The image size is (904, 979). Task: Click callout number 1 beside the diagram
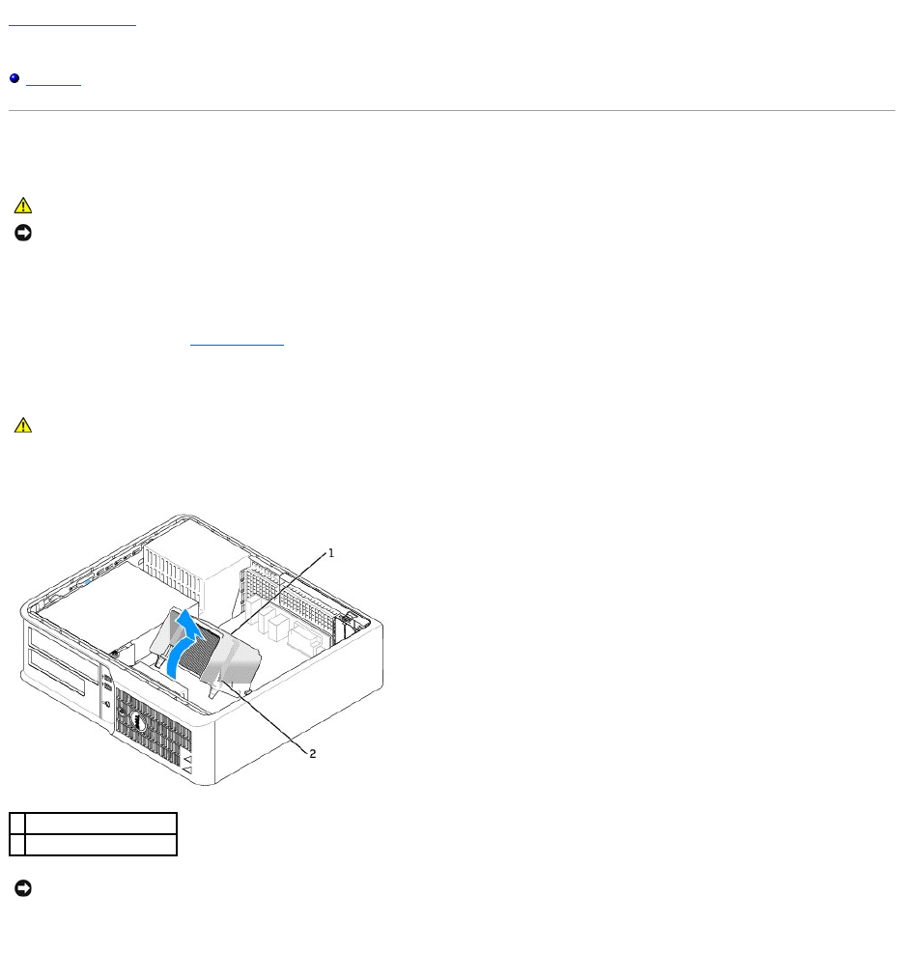(x=330, y=553)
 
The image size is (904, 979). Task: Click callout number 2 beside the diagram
(x=313, y=754)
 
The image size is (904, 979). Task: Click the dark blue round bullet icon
(x=14, y=79)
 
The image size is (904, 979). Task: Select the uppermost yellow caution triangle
(x=23, y=206)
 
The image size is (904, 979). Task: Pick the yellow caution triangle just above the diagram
(x=23, y=425)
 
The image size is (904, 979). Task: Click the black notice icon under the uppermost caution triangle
(x=23, y=234)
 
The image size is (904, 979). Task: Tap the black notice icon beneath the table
(x=23, y=887)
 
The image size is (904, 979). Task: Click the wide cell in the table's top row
(x=100, y=823)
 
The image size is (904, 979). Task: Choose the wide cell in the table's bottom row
(x=100, y=845)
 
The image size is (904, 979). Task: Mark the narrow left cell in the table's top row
(x=17, y=823)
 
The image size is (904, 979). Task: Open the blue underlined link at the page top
(x=72, y=21)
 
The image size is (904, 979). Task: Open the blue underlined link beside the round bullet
(x=53, y=79)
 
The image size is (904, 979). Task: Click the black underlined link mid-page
(x=237, y=342)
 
